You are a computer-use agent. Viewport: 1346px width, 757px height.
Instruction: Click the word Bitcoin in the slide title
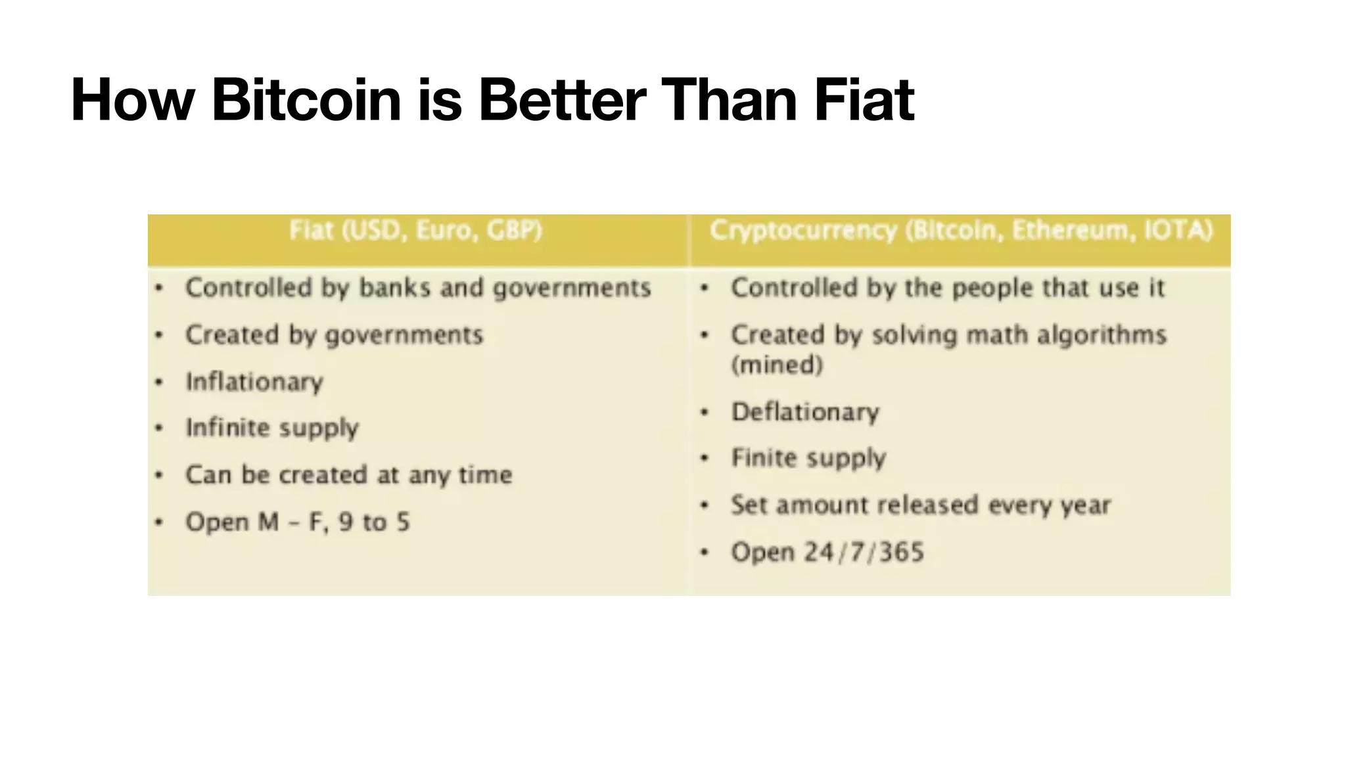point(306,101)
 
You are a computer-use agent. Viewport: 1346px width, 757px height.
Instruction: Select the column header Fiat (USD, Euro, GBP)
point(416,231)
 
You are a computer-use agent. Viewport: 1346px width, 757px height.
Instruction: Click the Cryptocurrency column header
point(961,231)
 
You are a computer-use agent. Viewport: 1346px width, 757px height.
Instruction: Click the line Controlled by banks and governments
point(418,288)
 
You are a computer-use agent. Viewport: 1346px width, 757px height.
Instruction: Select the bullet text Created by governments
point(334,335)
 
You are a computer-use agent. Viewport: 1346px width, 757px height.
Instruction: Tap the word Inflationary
point(254,382)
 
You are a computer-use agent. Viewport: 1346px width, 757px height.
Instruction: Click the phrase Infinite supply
point(272,428)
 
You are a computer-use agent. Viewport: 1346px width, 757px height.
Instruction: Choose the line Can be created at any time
point(348,475)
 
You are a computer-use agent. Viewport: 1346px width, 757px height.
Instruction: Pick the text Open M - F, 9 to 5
point(297,522)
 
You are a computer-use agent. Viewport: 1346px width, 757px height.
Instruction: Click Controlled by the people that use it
point(947,288)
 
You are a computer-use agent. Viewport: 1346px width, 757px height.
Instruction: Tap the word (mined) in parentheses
point(777,365)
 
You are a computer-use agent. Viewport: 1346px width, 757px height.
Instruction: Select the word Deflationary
point(805,412)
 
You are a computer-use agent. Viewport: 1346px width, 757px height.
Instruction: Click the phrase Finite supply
point(808,458)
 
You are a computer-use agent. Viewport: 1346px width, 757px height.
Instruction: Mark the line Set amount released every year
point(920,505)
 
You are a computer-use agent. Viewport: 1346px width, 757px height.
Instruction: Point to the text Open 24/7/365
point(827,552)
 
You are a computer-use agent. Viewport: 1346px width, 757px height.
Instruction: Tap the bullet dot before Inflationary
point(158,382)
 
